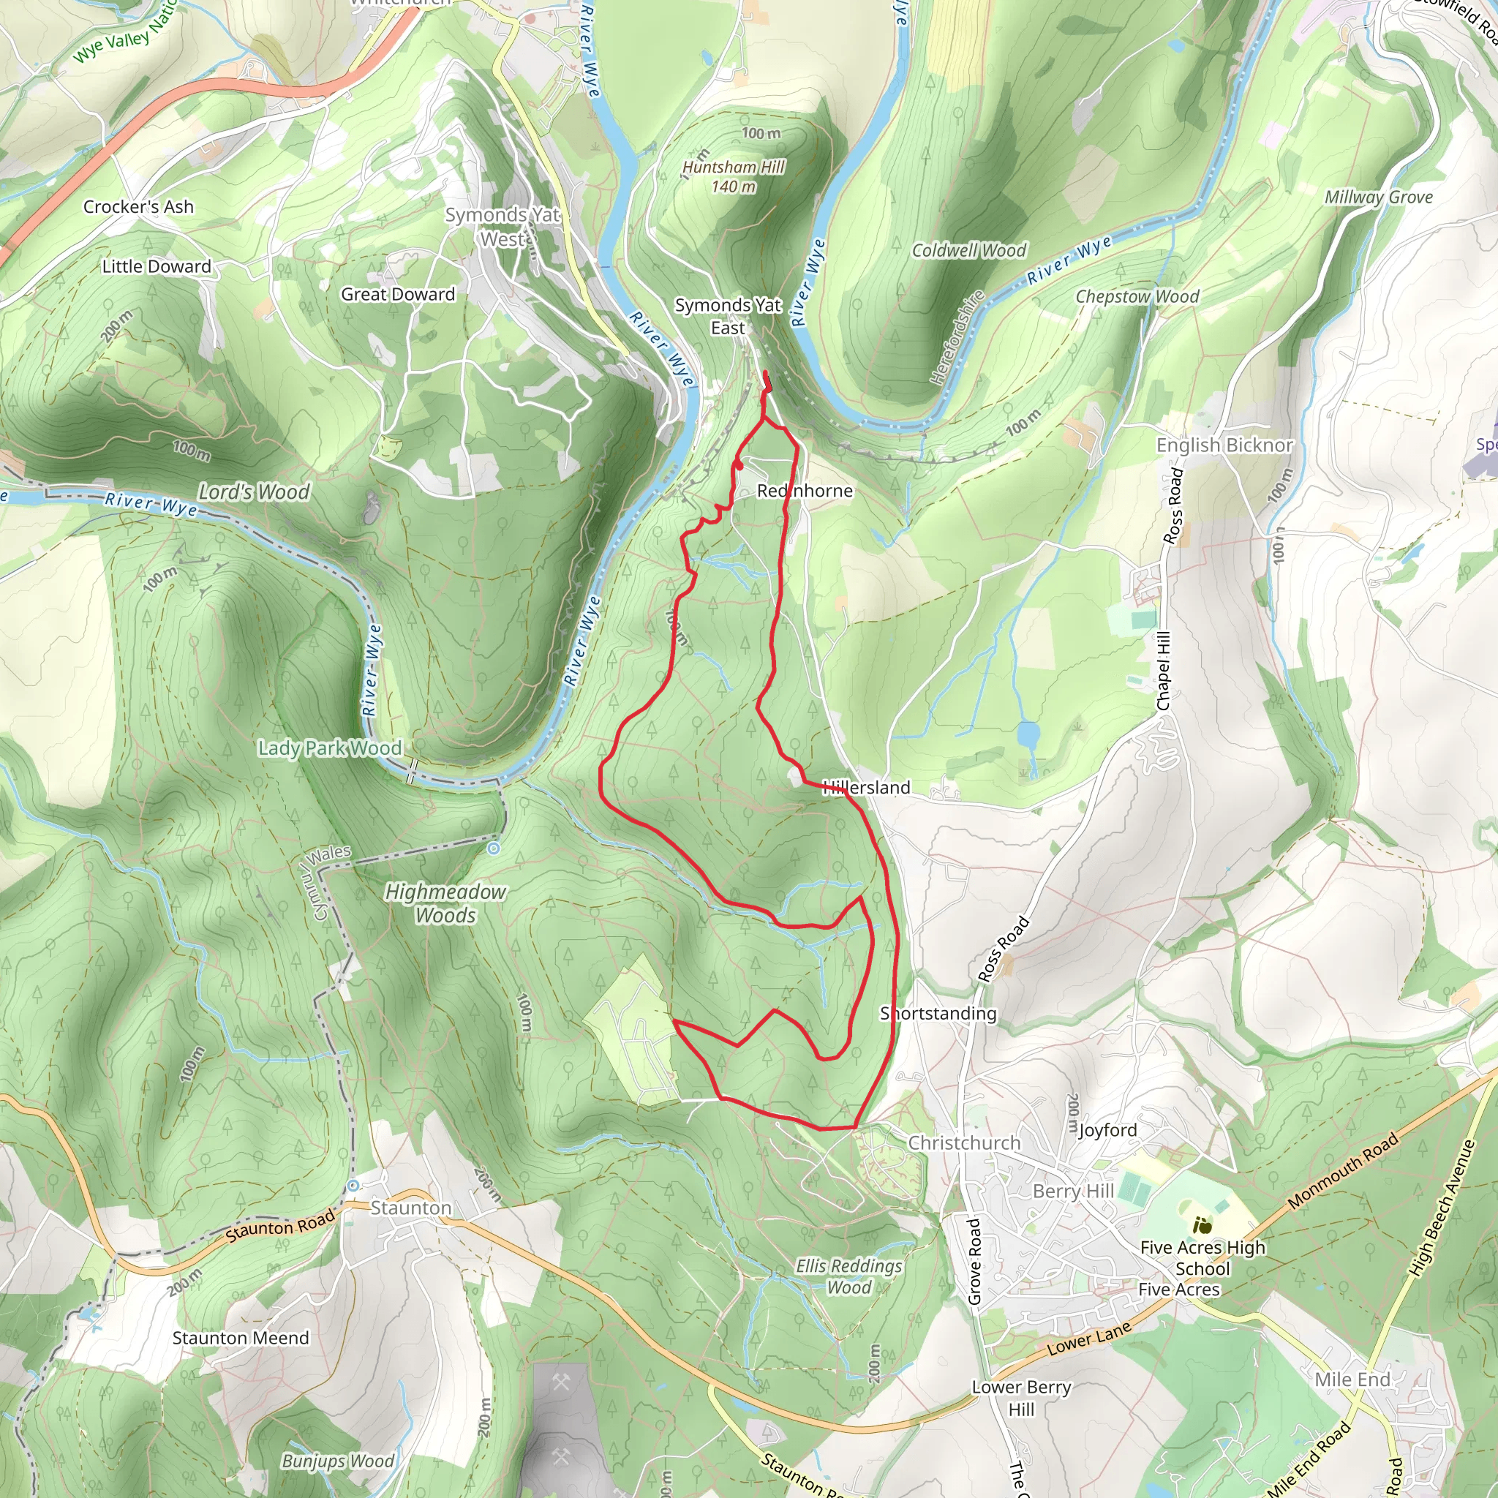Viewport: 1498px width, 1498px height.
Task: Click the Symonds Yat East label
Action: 727,316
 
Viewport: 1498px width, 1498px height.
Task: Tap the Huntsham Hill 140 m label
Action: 733,177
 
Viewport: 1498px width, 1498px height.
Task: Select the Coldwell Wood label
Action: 968,250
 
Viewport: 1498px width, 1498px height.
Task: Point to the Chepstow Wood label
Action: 1137,297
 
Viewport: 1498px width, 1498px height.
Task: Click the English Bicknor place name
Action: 1224,445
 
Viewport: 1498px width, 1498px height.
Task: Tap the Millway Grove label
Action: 1378,197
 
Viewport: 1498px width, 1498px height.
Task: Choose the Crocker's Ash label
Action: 138,207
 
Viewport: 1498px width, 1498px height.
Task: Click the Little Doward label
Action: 157,267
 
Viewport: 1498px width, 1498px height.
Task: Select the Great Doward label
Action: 398,295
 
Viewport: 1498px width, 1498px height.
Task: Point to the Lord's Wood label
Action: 254,492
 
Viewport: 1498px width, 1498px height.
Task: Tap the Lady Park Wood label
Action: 330,748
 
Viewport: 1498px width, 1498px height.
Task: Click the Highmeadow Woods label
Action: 446,903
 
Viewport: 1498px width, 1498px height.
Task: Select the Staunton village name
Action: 410,1208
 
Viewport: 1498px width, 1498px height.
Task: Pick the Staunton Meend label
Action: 241,1338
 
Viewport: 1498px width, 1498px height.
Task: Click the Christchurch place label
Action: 964,1143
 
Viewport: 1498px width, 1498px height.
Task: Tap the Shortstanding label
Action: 938,1013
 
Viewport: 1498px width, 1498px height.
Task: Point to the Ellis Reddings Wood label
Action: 849,1276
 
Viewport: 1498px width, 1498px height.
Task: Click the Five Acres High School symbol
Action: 1202,1226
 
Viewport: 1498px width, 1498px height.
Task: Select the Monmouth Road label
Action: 1343,1171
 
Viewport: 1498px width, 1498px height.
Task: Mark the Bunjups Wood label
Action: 338,1461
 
